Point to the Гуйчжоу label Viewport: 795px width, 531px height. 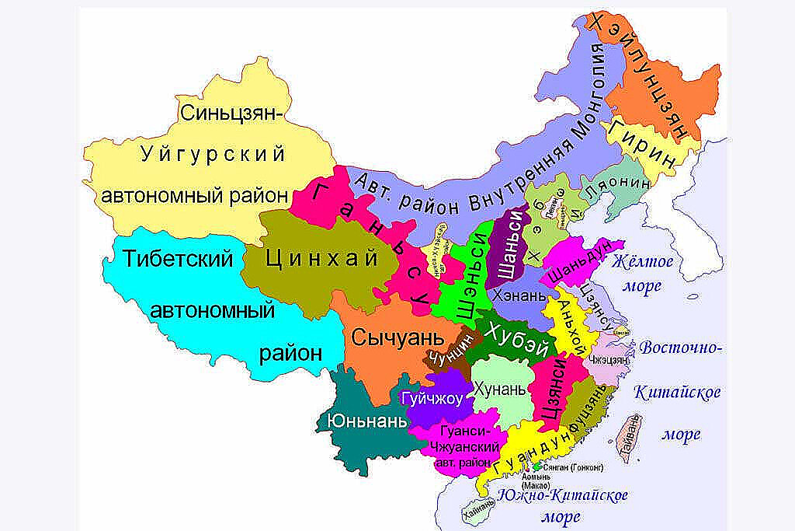point(432,399)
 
